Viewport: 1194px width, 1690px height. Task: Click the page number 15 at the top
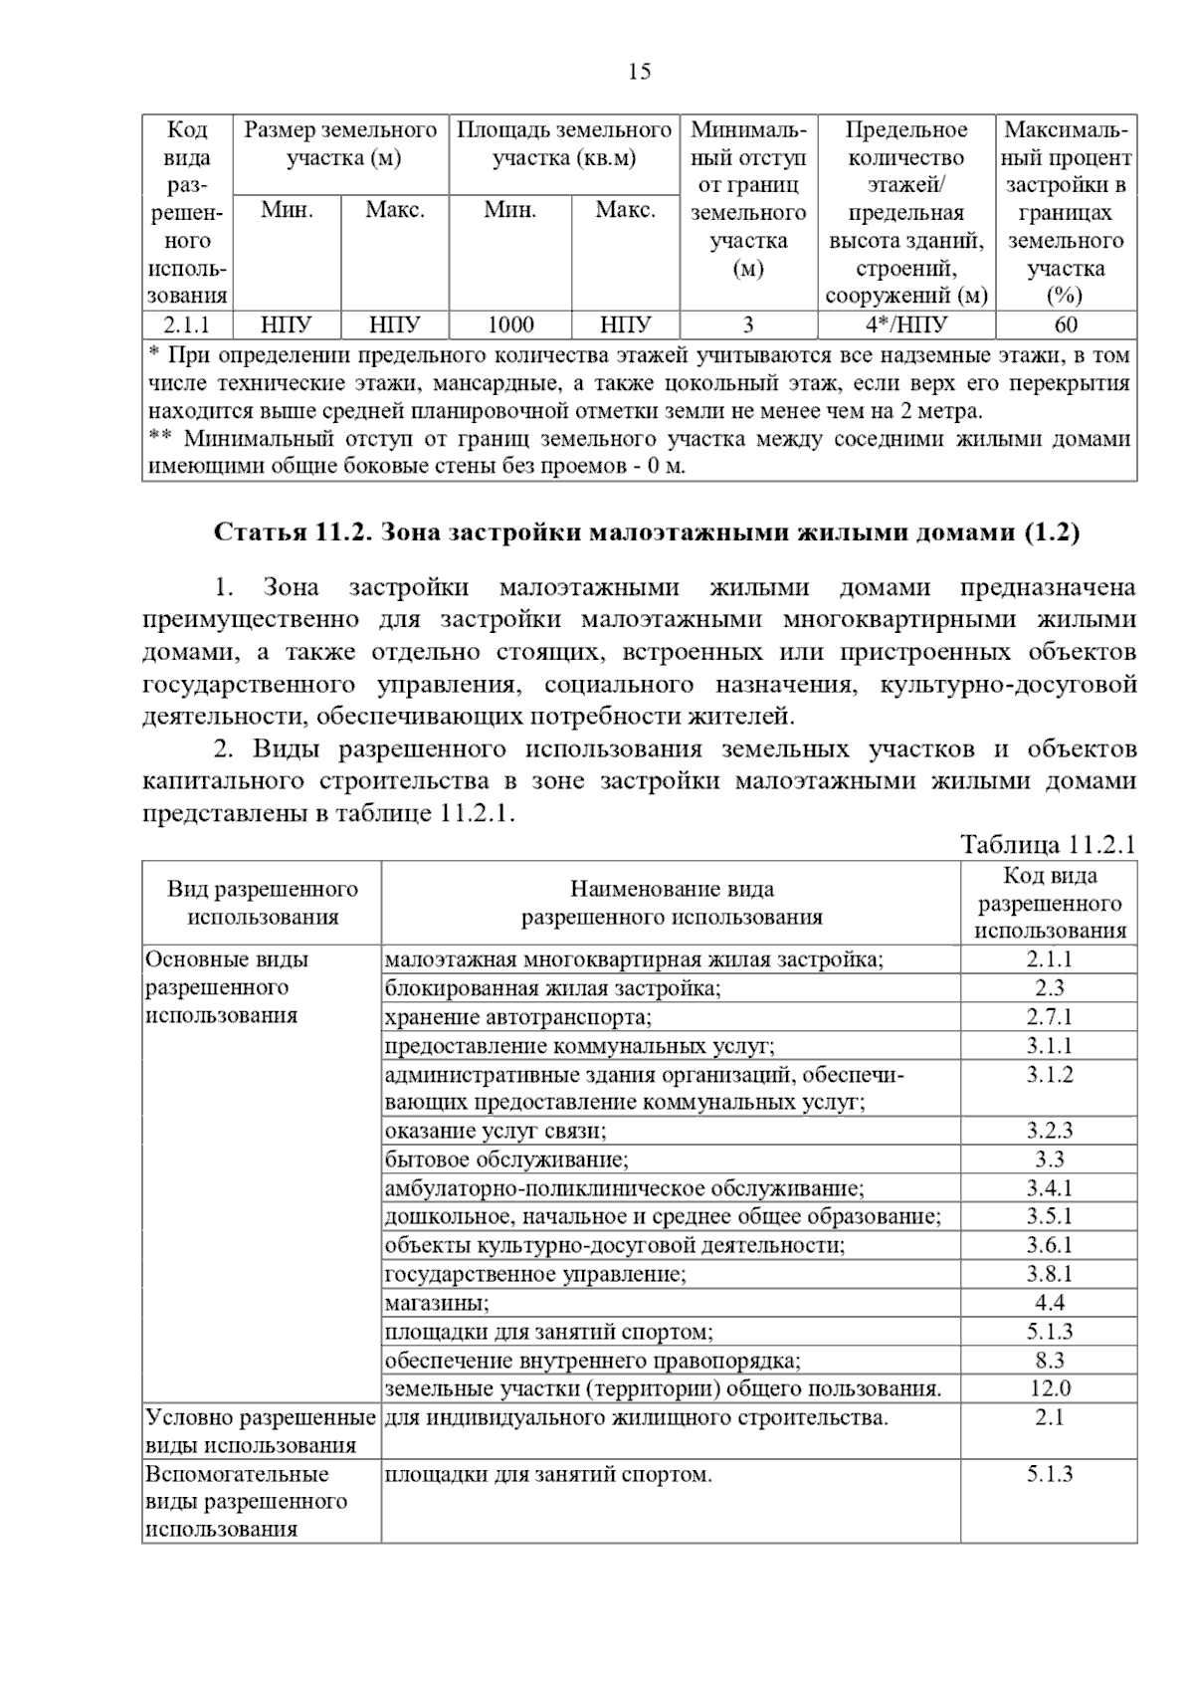639,72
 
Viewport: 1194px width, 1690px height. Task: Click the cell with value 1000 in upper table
510,324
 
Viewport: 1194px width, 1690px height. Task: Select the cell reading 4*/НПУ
905,324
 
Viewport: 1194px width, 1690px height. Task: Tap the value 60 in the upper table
1066,324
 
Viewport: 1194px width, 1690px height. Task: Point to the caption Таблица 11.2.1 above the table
1048,845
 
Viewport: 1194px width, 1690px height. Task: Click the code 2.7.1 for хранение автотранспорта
1049,1016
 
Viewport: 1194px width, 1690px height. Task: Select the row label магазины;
437,1303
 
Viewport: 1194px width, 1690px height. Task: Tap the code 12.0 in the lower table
1049,1388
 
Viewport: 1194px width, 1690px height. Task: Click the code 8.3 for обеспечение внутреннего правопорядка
1049,1360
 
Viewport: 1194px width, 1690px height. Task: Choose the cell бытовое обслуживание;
506,1160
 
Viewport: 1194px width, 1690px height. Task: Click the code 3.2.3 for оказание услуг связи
1049,1131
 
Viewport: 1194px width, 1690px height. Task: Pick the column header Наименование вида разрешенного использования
672,903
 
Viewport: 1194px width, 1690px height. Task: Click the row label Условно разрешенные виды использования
261,1430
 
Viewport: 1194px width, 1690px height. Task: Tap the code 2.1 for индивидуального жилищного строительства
1049,1417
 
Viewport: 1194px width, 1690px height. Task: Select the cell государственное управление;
535,1274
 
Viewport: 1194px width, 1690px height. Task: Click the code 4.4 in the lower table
1049,1303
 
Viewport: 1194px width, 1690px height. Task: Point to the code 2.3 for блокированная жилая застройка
1049,987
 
